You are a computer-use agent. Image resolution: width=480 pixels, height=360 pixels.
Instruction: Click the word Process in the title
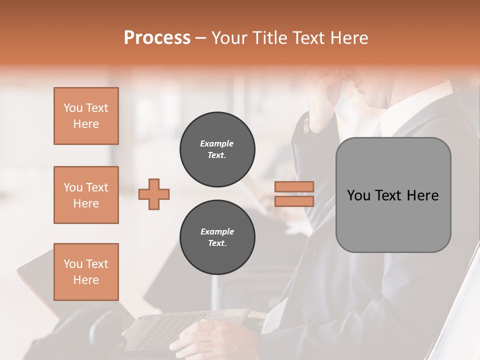click(x=157, y=38)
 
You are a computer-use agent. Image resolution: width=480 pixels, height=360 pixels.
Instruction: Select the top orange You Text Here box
click(x=86, y=116)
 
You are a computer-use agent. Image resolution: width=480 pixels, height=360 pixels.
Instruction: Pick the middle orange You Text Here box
click(x=86, y=195)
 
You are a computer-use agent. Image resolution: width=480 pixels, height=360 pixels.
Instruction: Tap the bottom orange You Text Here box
click(x=86, y=272)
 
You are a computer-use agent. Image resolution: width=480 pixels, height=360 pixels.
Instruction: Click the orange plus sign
click(x=154, y=194)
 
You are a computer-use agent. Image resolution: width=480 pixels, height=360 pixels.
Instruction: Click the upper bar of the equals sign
click(x=294, y=186)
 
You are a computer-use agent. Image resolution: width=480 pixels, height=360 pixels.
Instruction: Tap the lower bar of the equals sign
click(x=294, y=201)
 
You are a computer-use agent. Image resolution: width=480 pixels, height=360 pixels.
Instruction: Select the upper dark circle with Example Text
click(x=217, y=149)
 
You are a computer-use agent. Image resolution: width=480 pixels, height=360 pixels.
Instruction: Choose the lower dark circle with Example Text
click(x=217, y=237)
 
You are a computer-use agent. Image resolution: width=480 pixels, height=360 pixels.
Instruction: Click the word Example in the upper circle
click(x=217, y=143)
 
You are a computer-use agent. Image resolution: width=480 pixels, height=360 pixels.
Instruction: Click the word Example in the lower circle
click(x=217, y=231)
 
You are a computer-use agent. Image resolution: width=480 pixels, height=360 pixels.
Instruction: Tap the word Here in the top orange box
click(x=86, y=124)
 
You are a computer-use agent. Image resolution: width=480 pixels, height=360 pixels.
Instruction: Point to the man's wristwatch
click(x=306, y=125)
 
